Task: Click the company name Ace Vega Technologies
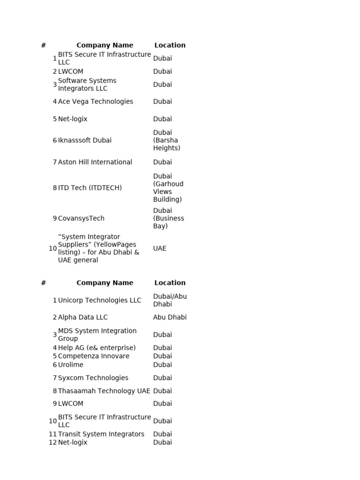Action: tap(95, 102)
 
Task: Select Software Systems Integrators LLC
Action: tap(87, 85)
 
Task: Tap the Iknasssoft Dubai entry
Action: tap(85, 140)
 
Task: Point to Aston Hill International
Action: tap(95, 162)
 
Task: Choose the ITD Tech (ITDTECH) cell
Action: tap(90, 188)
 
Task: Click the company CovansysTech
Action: tap(81, 218)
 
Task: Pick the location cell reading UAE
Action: tap(159, 248)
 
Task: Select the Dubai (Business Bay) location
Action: tap(168, 218)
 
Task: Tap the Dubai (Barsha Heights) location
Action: tap(166, 140)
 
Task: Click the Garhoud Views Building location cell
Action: tap(168, 188)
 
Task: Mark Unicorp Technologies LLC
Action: tap(99, 300)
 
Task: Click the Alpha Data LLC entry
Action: tap(82, 317)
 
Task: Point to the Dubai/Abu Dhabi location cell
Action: tap(170, 300)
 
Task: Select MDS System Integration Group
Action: tap(97, 335)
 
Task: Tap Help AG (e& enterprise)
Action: tap(97, 348)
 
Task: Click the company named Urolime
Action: tap(70, 365)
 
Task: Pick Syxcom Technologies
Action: tap(93, 378)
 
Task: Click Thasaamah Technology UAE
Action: tap(104, 391)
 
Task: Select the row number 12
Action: tap(52, 442)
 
